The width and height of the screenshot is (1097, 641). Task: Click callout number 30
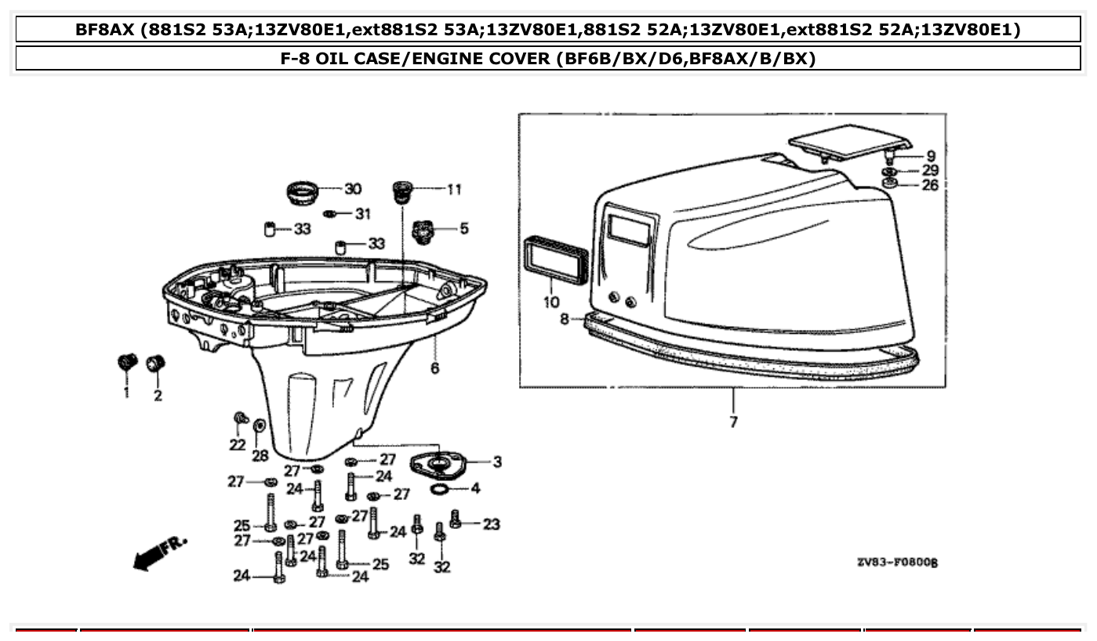(x=353, y=189)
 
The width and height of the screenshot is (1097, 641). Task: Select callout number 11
(x=454, y=189)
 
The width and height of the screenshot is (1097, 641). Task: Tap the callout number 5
(x=464, y=229)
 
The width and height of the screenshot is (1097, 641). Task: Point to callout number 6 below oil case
(x=434, y=368)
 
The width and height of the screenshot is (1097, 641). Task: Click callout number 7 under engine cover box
(x=733, y=422)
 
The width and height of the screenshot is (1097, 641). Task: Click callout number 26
(x=930, y=186)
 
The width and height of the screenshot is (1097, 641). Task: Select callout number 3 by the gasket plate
(x=497, y=462)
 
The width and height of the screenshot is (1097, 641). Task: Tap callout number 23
(x=491, y=523)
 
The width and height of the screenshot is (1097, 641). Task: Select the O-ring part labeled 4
(x=440, y=490)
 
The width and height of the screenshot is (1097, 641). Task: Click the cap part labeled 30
(x=303, y=192)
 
